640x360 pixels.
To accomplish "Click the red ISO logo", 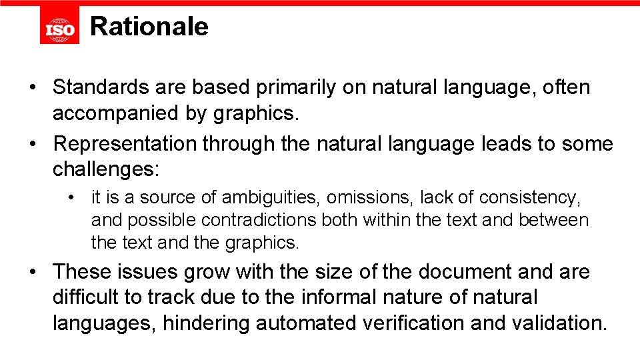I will pos(59,27).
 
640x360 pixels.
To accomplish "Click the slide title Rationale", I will pos(149,27).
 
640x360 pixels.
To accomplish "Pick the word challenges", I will pos(104,169).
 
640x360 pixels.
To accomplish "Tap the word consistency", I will pos(530,197).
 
